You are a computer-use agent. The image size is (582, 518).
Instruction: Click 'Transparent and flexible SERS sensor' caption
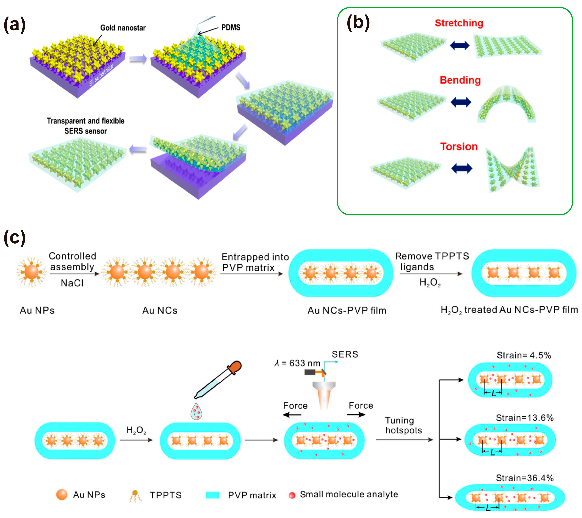click(85, 126)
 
